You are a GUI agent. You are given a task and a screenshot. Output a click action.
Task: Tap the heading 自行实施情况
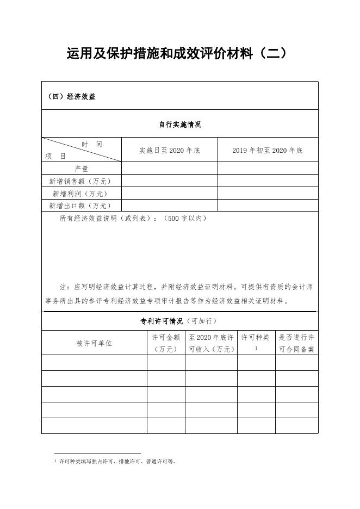pyautogui.click(x=179, y=125)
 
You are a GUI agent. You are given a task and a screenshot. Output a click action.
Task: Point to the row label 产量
pyautogui.click(x=82, y=169)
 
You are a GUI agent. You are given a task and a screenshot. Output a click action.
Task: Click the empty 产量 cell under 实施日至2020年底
pyautogui.click(x=169, y=169)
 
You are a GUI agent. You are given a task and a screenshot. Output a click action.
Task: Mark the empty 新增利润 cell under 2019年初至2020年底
pyautogui.click(x=268, y=194)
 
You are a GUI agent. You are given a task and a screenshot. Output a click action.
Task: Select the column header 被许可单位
pyautogui.click(x=94, y=343)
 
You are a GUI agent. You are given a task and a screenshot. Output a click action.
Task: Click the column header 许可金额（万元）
pyautogui.click(x=165, y=343)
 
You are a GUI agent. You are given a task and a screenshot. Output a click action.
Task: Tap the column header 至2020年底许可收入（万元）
pyautogui.click(x=211, y=343)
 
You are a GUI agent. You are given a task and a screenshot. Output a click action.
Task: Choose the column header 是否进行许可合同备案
pyautogui.click(x=296, y=343)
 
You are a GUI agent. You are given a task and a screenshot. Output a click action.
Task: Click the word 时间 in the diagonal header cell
pyautogui.click(x=91, y=144)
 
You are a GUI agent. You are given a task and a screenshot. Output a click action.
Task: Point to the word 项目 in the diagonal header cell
pyautogui.click(x=55, y=156)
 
